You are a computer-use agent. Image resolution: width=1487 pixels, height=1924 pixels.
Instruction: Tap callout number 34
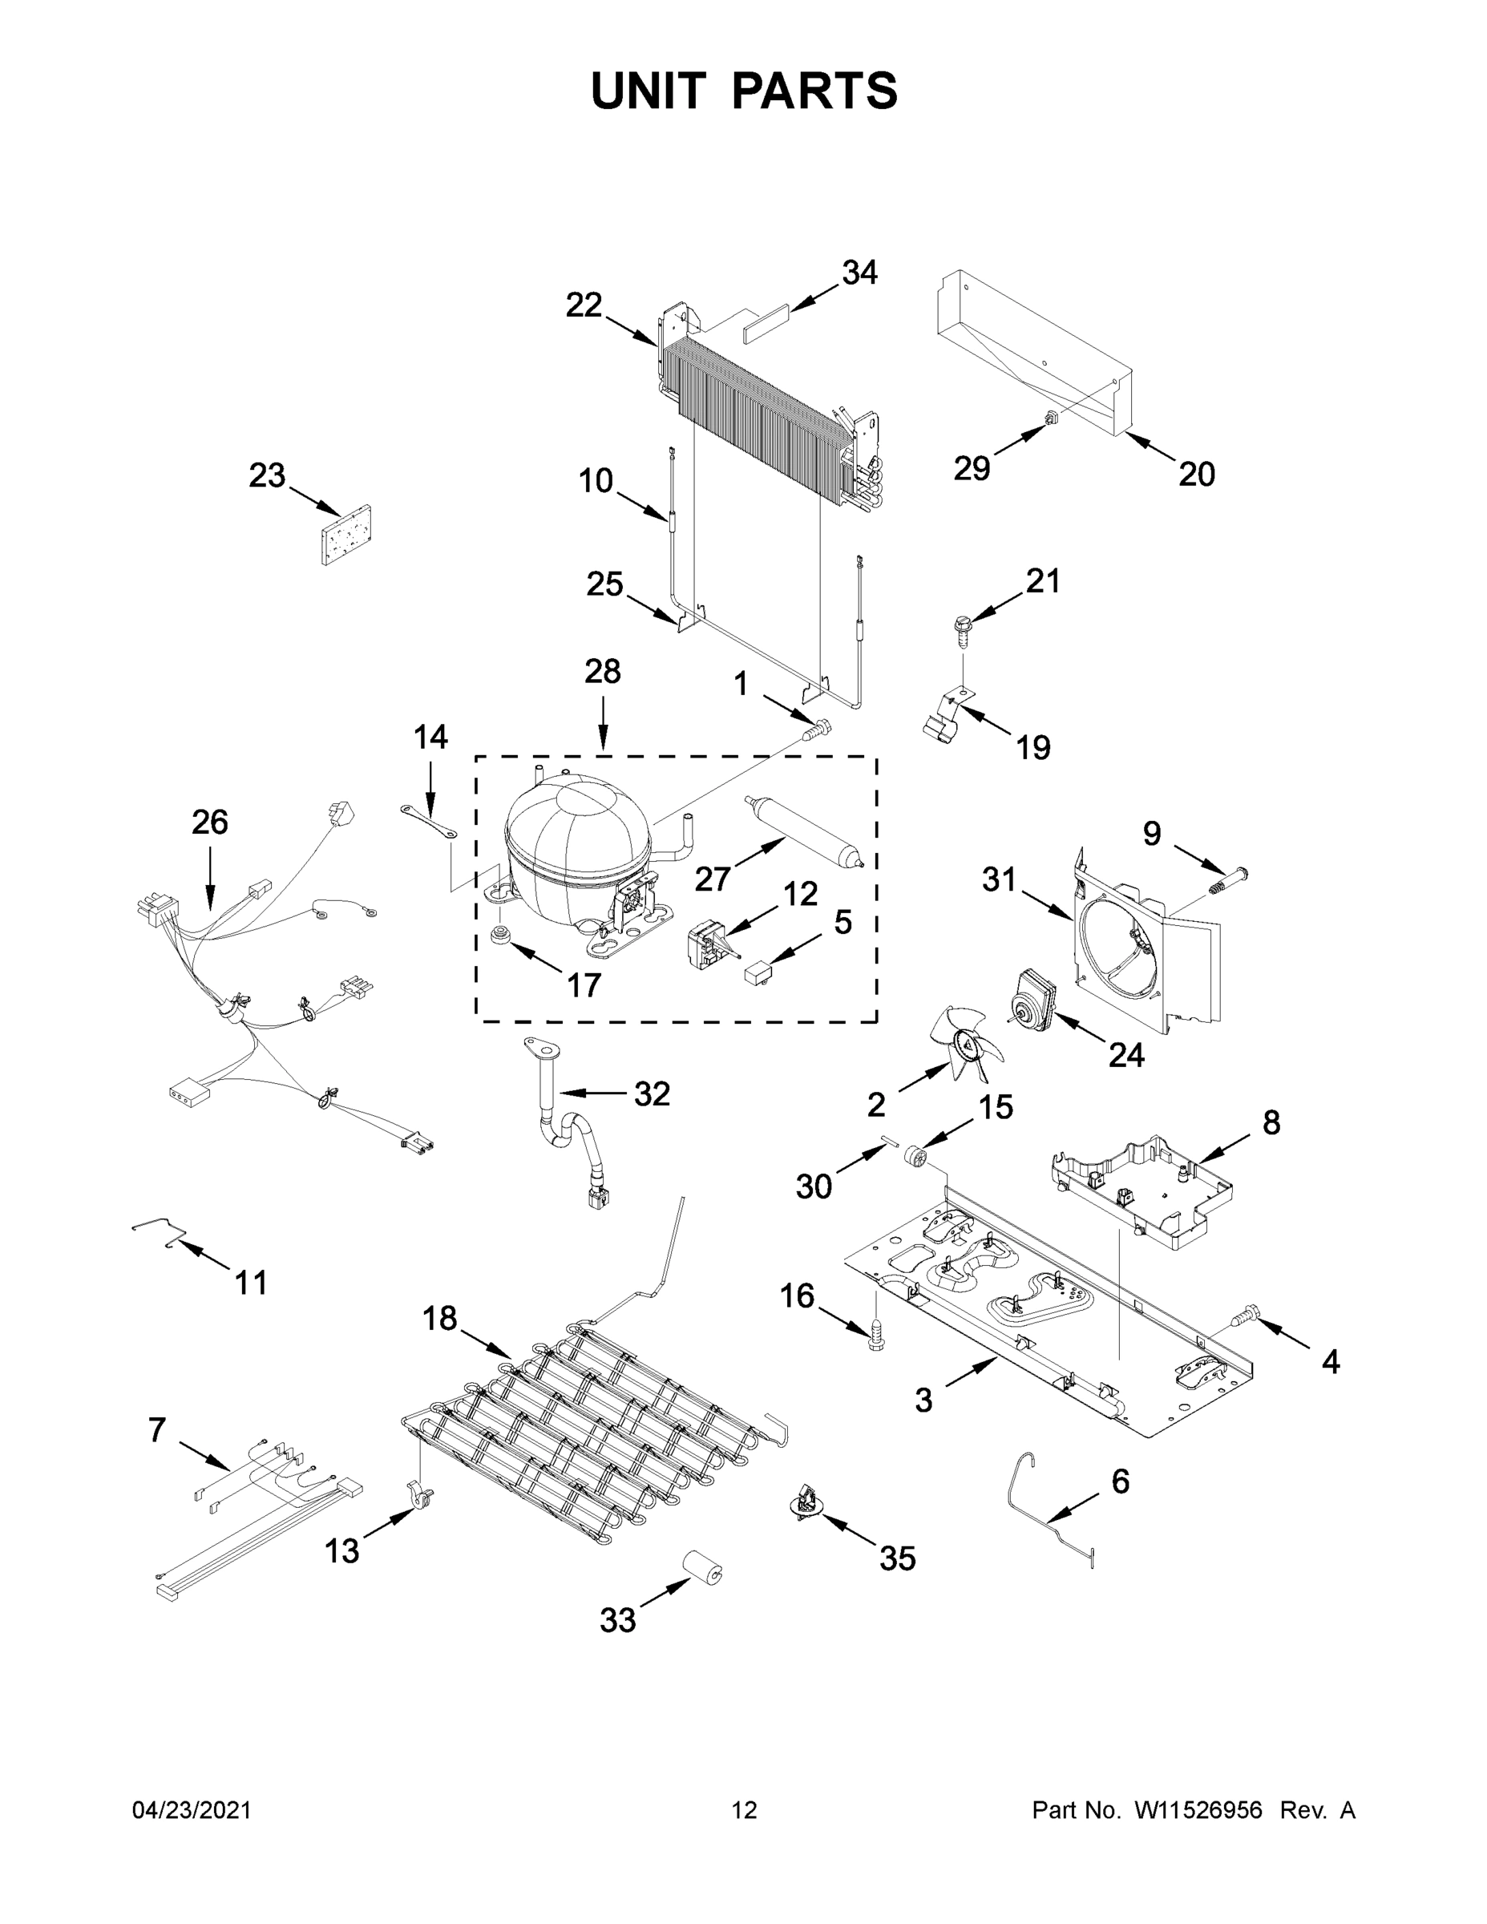pos(859,273)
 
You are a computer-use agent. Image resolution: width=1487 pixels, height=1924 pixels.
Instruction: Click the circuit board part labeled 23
pos(345,535)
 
